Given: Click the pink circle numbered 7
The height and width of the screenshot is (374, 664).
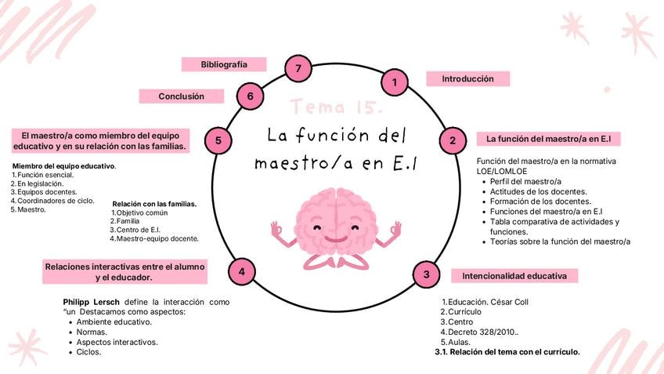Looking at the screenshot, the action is click(298, 68).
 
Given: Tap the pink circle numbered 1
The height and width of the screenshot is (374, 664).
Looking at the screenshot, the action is click(395, 82).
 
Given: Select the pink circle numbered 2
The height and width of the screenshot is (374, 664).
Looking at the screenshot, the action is click(453, 140).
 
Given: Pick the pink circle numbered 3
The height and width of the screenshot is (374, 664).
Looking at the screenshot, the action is click(426, 274).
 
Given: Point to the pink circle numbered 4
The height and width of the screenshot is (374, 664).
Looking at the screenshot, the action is click(241, 271).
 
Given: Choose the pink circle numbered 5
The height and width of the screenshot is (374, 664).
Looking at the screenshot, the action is click(218, 140).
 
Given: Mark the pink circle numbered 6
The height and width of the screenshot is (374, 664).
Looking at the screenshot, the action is click(250, 96).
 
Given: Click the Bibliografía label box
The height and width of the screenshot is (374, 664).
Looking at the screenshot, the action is click(224, 64).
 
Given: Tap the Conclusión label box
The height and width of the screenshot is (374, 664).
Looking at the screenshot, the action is click(181, 96).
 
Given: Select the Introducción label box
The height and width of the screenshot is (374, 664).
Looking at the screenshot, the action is click(468, 79).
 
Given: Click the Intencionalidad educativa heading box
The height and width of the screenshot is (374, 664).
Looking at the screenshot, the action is click(514, 276).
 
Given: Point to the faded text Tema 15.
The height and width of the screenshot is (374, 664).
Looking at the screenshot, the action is click(337, 107).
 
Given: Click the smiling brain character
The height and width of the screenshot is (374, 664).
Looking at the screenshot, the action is click(336, 229).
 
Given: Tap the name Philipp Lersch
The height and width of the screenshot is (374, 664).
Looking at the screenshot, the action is click(91, 303).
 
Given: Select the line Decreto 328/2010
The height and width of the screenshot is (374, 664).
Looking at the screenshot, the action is click(479, 332).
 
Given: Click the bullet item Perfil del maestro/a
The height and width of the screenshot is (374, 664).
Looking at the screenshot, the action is click(525, 181).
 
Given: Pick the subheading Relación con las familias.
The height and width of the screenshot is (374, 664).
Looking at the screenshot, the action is click(154, 204).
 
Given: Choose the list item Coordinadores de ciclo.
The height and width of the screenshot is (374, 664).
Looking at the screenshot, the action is click(52, 201).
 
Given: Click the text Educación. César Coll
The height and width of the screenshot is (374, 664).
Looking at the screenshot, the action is click(485, 302).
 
